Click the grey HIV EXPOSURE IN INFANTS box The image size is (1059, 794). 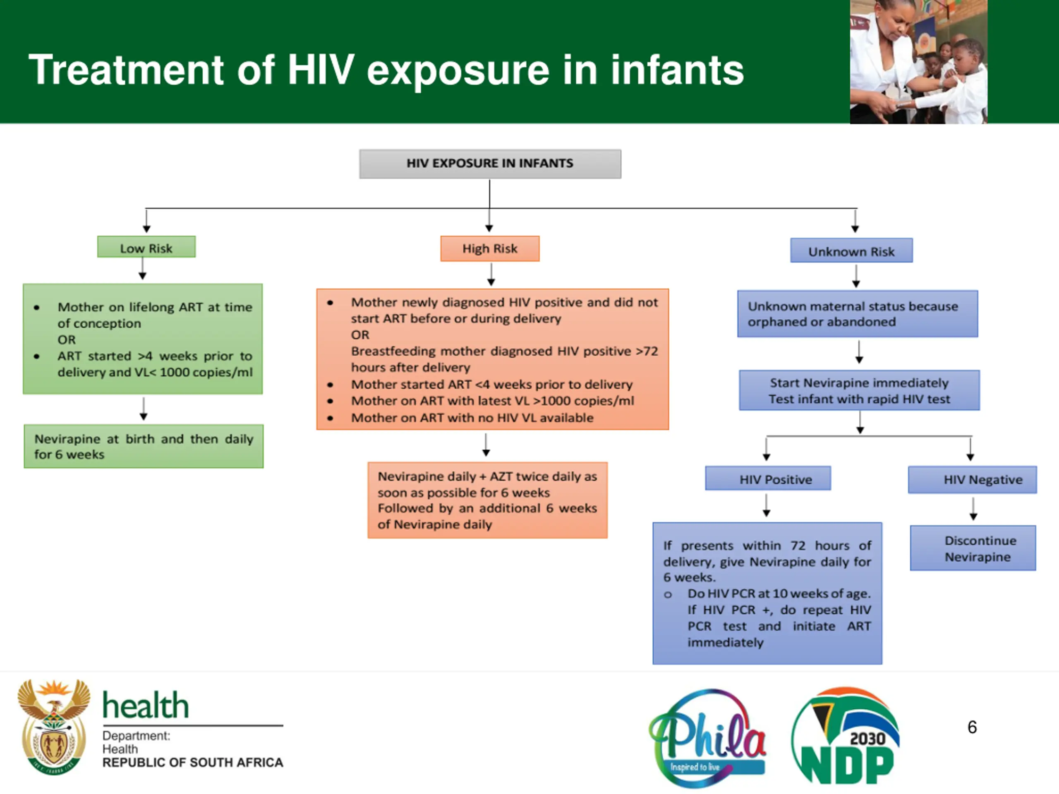[x=490, y=164]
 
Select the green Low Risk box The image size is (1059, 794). [x=146, y=247]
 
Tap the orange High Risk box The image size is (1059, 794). [x=490, y=249]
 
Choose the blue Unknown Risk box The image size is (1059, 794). [x=851, y=250]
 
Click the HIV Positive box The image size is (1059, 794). [x=768, y=478]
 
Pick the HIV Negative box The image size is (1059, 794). [x=973, y=480]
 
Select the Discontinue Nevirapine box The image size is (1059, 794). [x=973, y=548]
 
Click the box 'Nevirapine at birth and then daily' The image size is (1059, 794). [x=144, y=446]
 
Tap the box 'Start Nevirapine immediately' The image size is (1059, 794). [x=859, y=390]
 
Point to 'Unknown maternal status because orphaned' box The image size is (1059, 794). [x=858, y=313]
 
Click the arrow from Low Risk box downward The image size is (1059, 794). [x=143, y=268]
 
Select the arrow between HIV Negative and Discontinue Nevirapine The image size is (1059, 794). [x=973, y=509]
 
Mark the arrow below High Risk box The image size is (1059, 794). [x=491, y=275]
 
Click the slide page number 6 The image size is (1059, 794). [x=972, y=727]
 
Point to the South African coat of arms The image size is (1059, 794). [x=54, y=727]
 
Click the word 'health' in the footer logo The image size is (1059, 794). [x=146, y=706]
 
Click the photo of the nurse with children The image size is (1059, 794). [x=918, y=62]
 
